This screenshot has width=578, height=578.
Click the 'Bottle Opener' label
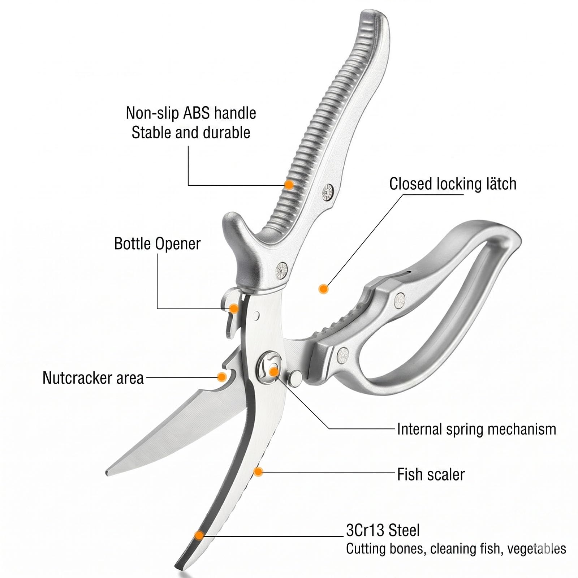157,243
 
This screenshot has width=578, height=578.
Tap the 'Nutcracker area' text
93,378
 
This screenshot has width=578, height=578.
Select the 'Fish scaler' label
431,474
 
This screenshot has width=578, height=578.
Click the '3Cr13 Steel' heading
383,530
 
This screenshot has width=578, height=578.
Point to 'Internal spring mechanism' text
476,429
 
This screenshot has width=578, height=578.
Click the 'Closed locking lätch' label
453,184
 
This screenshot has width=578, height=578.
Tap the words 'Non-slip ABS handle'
191,113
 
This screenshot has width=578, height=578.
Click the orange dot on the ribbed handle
289,185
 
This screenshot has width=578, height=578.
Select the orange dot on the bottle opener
234,309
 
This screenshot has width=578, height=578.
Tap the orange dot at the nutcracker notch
221,377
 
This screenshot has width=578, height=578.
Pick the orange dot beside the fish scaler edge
258,471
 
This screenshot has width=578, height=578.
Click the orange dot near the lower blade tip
199,535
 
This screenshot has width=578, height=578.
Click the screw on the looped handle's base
342,356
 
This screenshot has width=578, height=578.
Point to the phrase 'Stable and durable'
191,133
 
